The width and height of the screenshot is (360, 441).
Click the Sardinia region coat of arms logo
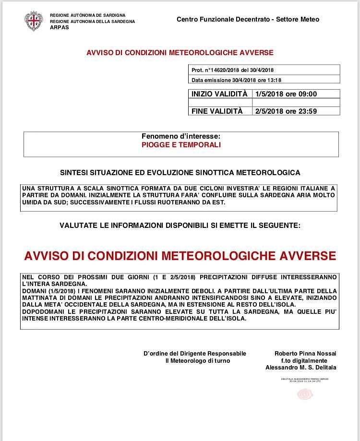tap(33, 21)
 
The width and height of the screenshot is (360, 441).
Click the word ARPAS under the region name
tap(60, 28)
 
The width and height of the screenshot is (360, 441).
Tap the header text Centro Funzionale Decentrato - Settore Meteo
tap(248, 20)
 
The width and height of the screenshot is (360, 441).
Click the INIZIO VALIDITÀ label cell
tap(219, 94)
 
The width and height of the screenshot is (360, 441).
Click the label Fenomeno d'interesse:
tap(181, 136)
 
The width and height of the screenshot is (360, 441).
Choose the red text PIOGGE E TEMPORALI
tap(181, 145)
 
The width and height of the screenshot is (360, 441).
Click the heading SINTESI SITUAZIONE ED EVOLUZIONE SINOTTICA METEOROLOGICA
tap(180, 172)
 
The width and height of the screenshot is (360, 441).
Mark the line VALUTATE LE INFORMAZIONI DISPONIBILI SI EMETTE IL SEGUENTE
tap(180, 225)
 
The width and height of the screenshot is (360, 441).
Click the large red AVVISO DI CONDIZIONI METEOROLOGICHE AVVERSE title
tap(180, 255)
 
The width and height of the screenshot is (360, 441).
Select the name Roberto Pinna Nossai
tap(305, 354)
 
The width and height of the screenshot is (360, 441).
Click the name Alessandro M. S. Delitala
tap(301, 368)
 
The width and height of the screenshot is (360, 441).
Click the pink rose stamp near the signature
tap(305, 394)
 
